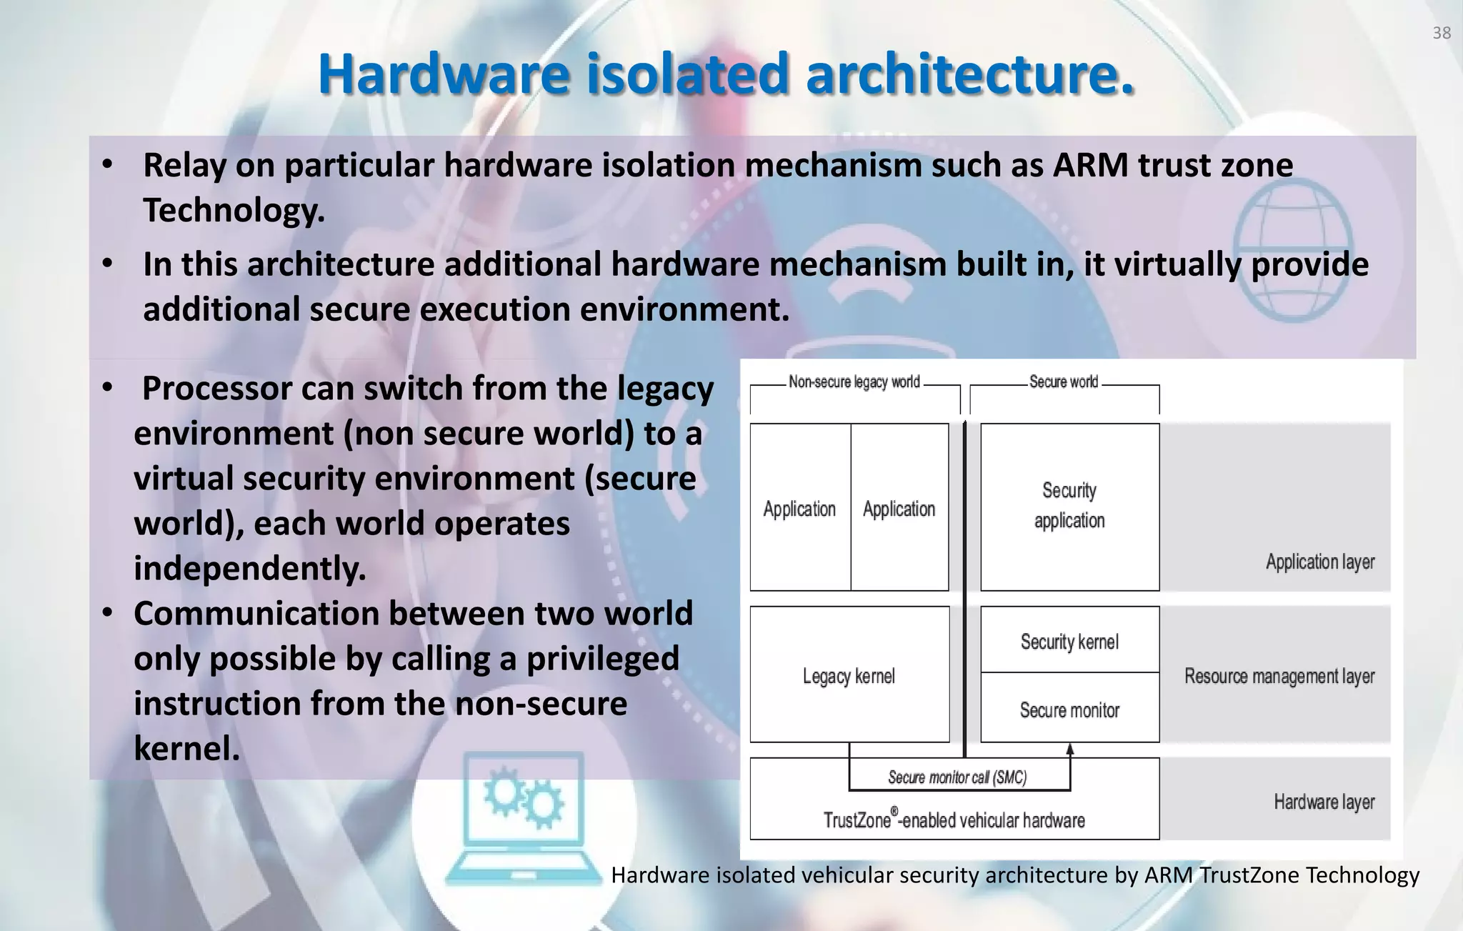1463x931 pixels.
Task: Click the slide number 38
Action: point(1441,33)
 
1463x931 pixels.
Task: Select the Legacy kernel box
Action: point(849,675)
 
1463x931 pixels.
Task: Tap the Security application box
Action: point(1069,506)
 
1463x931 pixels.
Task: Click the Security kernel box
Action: point(1069,641)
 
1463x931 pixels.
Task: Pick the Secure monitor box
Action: point(1069,710)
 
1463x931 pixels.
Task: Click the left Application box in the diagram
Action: point(799,509)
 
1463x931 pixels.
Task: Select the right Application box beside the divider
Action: point(899,509)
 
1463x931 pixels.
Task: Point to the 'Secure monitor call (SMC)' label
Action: point(957,777)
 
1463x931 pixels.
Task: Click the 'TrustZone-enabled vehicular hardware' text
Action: point(954,820)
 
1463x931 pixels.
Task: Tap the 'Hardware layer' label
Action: point(1324,802)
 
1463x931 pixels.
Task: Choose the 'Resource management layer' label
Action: point(1279,676)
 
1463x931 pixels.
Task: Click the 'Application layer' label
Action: point(1319,562)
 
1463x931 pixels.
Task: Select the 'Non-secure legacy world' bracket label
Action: point(854,382)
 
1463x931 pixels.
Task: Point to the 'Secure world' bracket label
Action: point(1063,382)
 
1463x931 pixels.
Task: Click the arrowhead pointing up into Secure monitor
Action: point(1070,749)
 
